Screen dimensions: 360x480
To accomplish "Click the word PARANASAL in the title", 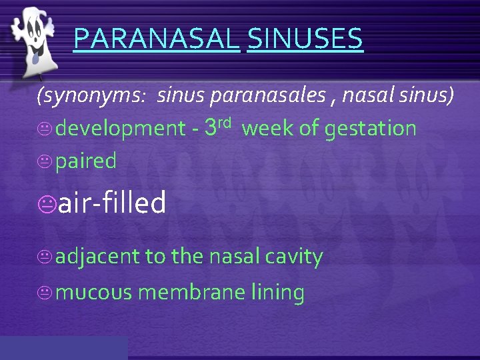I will (x=156, y=39).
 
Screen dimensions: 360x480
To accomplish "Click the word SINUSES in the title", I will (x=305, y=39).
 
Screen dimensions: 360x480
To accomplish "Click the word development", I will (x=120, y=129).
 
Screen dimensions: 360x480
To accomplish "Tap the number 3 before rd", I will (x=212, y=127).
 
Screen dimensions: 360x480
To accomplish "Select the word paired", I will (x=86, y=161).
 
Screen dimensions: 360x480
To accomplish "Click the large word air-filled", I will (x=112, y=203).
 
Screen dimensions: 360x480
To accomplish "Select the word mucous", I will (x=94, y=293).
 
